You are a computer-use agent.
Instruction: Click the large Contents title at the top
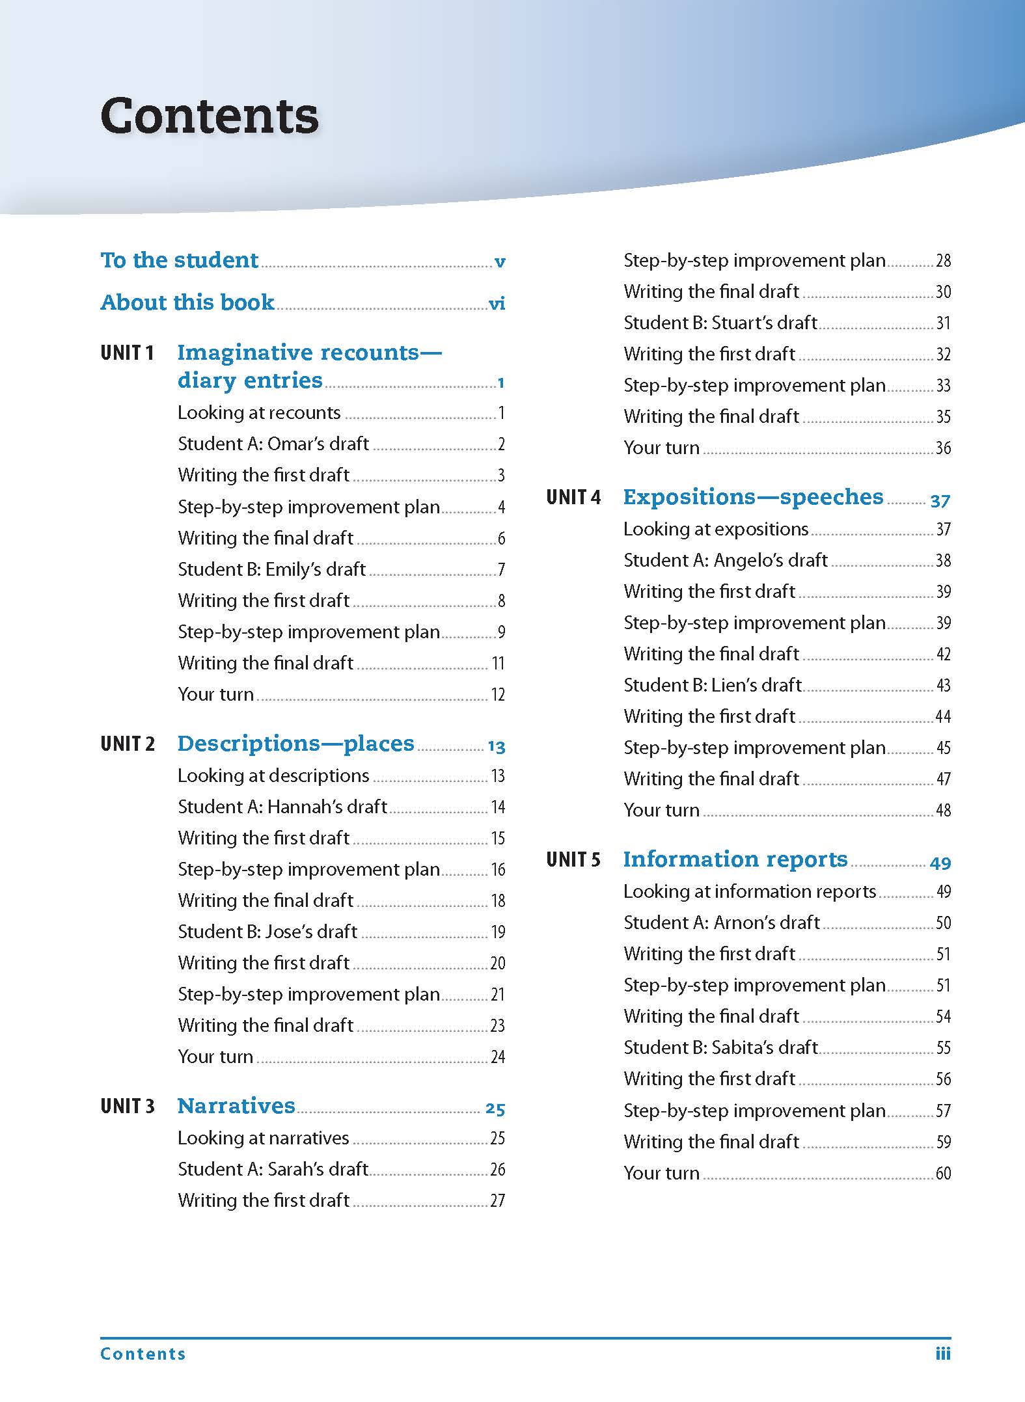(210, 116)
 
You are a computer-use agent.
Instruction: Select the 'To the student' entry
(180, 260)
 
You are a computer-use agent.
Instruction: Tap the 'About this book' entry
(187, 303)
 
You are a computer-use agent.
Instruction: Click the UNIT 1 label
(127, 353)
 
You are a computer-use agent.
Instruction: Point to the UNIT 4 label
(573, 498)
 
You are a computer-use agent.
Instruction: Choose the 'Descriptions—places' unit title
(295, 744)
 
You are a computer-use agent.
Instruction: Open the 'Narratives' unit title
(236, 1106)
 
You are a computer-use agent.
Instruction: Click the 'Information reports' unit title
(735, 859)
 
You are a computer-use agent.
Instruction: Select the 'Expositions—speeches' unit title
(754, 497)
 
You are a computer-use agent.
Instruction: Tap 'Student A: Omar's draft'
(273, 444)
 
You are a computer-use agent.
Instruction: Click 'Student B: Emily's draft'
(271, 569)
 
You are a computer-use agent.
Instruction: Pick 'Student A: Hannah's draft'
(282, 807)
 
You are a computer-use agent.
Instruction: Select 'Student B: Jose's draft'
(267, 932)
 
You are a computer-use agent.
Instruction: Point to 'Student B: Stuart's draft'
(720, 323)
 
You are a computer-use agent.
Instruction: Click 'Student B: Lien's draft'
(713, 685)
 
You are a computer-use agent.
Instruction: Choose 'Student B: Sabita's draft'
(720, 1047)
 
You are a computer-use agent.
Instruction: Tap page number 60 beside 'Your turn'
(943, 1174)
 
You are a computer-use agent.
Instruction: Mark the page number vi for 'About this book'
(497, 304)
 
